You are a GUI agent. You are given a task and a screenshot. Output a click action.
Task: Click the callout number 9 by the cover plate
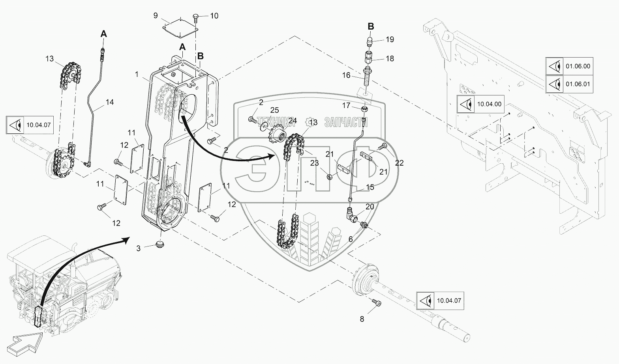[156, 15]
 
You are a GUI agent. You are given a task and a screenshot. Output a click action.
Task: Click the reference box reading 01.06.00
[569, 66]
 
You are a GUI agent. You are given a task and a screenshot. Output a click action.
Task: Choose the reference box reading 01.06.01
[569, 84]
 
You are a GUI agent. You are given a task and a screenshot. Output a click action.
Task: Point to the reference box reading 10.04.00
[480, 104]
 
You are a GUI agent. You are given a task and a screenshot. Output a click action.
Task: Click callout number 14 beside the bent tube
[110, 102]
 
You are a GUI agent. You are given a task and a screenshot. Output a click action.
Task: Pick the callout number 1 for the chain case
[137, 74]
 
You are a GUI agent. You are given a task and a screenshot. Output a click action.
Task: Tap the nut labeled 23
[329, 177]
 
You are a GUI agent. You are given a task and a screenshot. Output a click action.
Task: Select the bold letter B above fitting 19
[371, 26]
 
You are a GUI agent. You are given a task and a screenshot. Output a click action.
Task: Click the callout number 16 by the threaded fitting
[346, 75]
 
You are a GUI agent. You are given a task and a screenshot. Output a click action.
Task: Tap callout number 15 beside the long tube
[370, 187]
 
